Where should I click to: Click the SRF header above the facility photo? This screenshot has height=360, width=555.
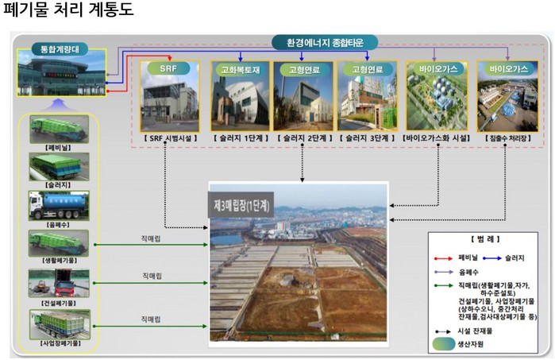tap(168, 68)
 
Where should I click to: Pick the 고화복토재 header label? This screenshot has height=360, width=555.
tap(238, 69)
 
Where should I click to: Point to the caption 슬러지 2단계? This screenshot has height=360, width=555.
tap(303, 137)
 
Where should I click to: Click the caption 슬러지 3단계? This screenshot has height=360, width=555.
tap(368, 137)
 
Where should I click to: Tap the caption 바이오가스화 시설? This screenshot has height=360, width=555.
tap(437, 137)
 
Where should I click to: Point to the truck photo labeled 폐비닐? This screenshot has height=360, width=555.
tap(59, 128)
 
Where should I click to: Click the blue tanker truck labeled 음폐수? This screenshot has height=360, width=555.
tap(59, 204)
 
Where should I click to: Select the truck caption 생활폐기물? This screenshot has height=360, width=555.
tap(60, 260)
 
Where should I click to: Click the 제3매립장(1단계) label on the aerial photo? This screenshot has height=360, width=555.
tap(242, 203)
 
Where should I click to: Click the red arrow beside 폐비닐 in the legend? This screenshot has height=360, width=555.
tap(442, 257)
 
